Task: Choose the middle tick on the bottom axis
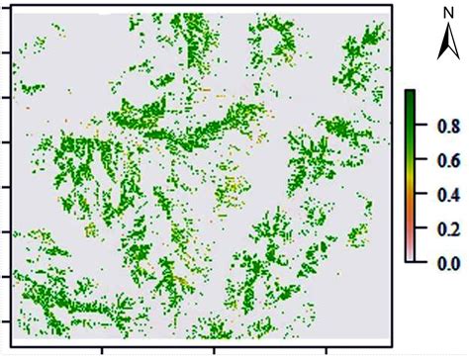pos(214,349)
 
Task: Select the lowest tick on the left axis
pos(7,321)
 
